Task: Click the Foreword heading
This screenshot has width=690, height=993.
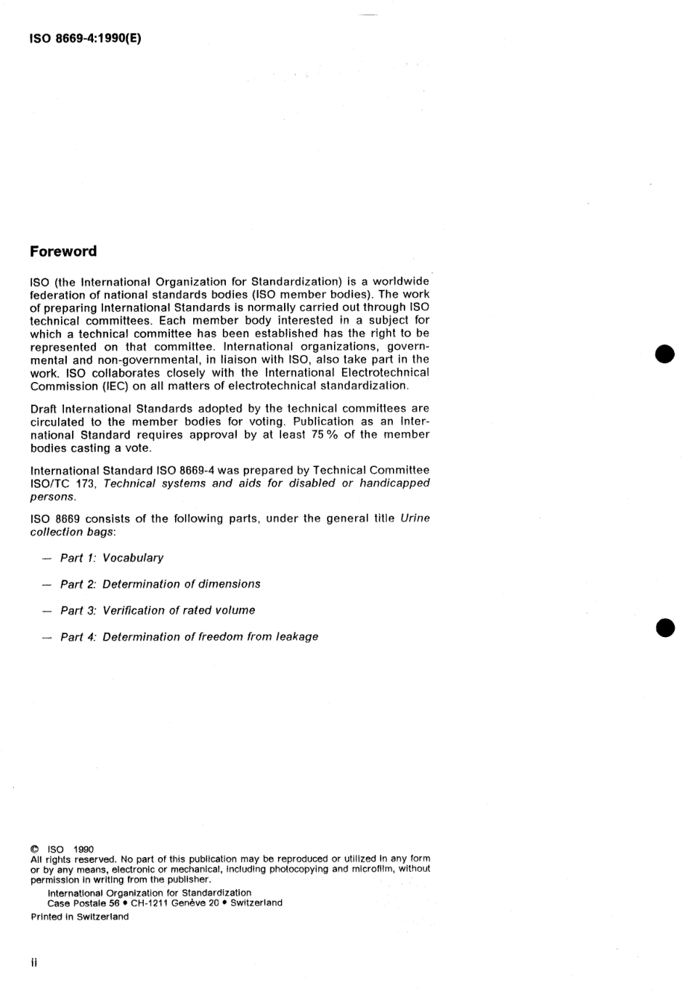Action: (63, 251)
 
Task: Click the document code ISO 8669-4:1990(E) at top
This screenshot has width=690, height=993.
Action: (85, 38)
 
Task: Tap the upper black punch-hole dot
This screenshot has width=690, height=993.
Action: (665, 354)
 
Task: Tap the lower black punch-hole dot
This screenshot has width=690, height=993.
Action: (665, 628)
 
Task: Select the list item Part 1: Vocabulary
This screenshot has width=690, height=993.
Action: (112, 558)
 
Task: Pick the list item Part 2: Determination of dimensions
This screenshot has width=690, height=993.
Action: (160, 584)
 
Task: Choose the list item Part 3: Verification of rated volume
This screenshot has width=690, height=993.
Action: (158, 610)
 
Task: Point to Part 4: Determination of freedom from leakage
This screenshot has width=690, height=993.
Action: (189, 637)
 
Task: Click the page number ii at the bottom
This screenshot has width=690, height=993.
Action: (33, 963)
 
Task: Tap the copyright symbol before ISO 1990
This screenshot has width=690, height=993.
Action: (35, 849)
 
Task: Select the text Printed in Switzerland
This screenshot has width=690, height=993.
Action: (80, 917)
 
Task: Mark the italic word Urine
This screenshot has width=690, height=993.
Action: (415, 519)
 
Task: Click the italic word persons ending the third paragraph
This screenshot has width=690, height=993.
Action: (52, 497)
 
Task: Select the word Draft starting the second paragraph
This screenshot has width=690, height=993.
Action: (44, 408)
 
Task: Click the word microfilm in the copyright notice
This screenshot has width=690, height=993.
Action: (373, 869)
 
